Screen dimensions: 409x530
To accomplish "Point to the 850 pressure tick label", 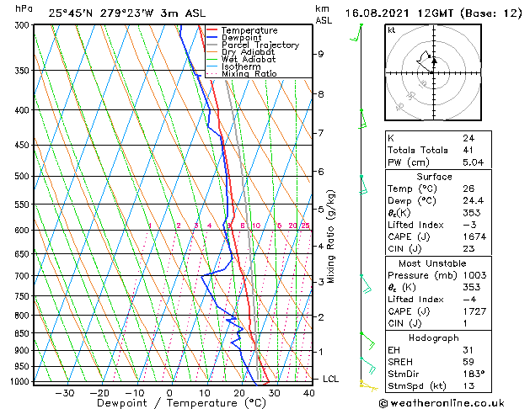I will [x=23, y=333].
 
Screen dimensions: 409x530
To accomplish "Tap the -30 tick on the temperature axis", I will [x=65, y=392].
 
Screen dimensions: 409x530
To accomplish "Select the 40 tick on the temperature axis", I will [x=309, y=392].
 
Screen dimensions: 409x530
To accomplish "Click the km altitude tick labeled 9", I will [x=321, y=54].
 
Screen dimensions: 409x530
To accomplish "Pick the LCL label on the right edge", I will [x=331, y=380].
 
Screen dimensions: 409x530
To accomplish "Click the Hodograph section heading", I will [x=433, y=337].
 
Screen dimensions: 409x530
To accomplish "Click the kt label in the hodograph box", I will [x=391, y=29].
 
